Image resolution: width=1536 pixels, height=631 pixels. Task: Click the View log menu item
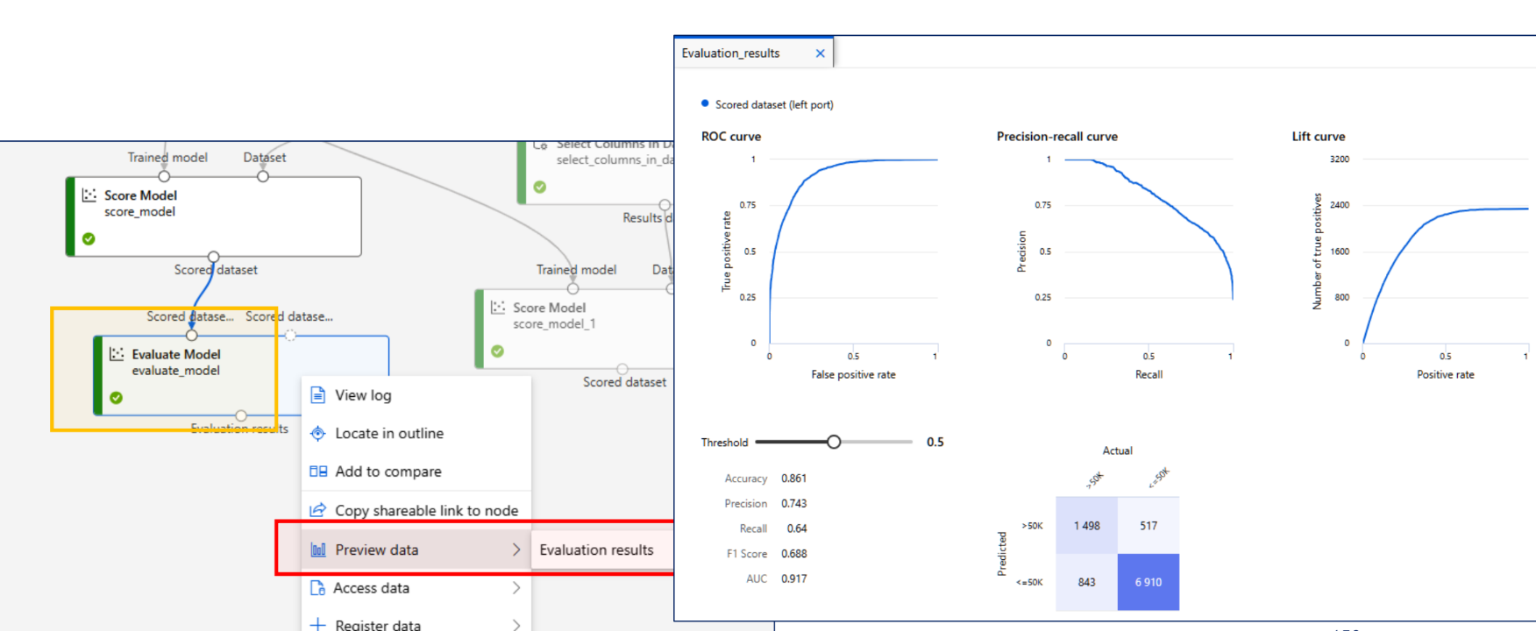coord(363,395)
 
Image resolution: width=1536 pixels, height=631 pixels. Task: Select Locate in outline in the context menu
coord(388,434)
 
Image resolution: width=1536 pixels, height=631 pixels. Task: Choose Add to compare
coord(388,471)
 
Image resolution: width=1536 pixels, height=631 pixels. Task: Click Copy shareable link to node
coord(426,511)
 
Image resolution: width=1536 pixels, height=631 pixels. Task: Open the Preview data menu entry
coord(377,550)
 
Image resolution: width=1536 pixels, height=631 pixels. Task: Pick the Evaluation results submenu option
coord(596,550)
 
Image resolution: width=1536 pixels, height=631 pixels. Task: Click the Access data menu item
coord(371,588)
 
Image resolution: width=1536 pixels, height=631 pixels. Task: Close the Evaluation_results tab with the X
coord(821,53)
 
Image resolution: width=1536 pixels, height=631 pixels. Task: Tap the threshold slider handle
coord(834,443)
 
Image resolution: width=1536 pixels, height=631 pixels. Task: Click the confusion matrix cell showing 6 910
coord(1148,582)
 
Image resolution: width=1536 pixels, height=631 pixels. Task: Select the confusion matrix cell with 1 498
coord(1086,526)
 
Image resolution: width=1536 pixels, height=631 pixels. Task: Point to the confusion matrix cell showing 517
coord(1148,526)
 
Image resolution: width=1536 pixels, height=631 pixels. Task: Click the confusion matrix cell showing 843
coord(1086,582)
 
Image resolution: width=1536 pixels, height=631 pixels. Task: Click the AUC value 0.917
coord(793,579)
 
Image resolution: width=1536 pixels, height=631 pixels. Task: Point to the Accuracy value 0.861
coord(793,479)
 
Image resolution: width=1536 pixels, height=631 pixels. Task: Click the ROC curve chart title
coord(731,137)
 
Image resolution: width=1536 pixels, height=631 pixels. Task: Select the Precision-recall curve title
coord(1056,137)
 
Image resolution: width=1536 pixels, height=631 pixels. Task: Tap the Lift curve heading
coord(1318,137)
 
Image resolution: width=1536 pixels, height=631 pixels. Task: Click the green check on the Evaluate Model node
coord(117,398)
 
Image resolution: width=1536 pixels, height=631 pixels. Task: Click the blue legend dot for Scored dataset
coord(705,103)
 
